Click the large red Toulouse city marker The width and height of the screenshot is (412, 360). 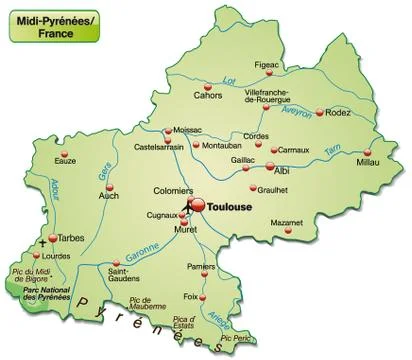pos(197,205)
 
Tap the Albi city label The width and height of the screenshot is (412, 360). pos(282,171)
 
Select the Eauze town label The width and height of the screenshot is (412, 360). pos(67,160)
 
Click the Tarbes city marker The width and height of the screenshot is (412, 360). pos(53,240)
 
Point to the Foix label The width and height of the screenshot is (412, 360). pos(190,297)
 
